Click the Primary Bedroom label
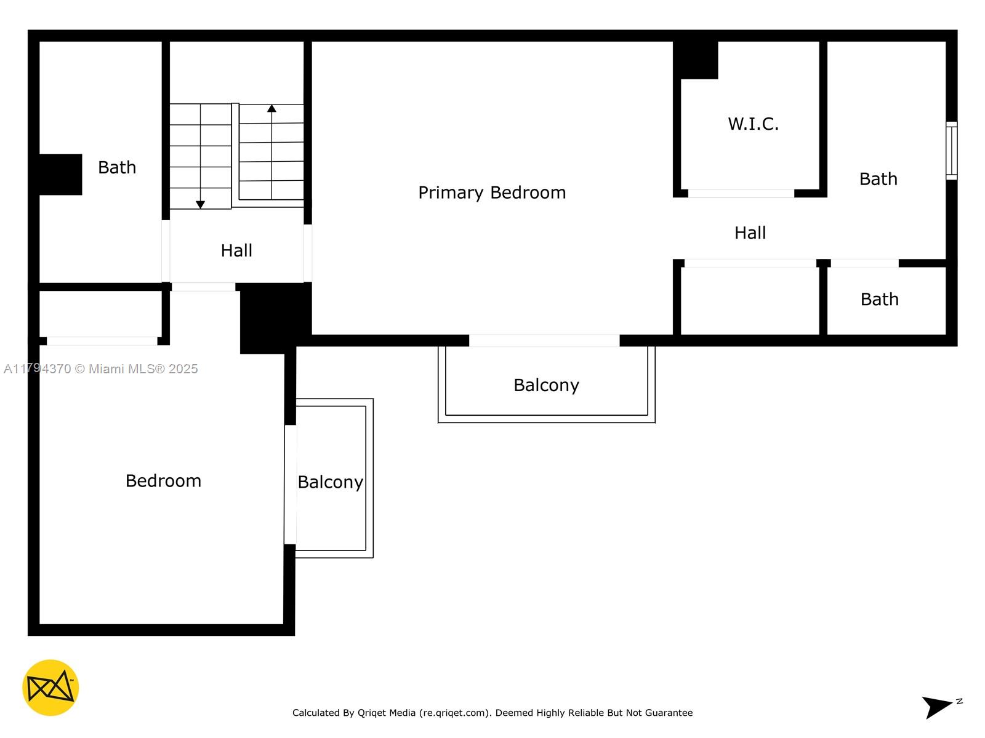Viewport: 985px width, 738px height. click(492, 192)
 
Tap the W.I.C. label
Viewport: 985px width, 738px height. click(753, 124)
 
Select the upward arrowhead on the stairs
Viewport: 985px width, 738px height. click(271, 108)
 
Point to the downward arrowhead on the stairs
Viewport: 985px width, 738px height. click(201, 204)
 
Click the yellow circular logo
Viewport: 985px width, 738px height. click(50, 688)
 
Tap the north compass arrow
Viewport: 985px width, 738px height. click(936, 707)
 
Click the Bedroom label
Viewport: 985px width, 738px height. click(163, 481)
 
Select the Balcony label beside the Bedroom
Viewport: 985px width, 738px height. click(330, 482)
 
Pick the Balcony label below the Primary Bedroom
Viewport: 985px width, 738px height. click(546, 386)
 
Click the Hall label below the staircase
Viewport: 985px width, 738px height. click(236, 250)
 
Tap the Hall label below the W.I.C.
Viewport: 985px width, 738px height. click(750, 233)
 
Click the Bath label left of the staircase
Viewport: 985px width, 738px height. click(117, 167)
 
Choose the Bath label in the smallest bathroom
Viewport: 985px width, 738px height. click(880, 300)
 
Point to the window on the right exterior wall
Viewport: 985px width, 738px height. click(951, 151)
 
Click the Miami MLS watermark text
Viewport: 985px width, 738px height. click(100, 369)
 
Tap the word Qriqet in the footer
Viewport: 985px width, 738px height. click(373, 713)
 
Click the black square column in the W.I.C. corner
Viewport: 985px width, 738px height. click(695, 60)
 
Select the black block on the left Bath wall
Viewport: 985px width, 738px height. click(60, 174)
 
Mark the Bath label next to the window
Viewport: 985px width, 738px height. click(878, 179)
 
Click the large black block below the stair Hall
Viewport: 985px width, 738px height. click(275, 317)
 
